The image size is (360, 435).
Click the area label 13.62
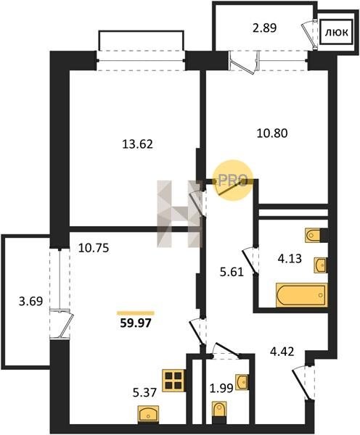137,144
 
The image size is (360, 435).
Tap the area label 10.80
272,133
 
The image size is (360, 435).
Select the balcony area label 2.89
264,28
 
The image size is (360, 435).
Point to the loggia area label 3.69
30,301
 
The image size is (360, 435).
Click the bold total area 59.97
136,323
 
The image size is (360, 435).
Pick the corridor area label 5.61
232,272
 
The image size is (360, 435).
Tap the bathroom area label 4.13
290,259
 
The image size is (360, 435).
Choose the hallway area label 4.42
282,352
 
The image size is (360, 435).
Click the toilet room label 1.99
221,388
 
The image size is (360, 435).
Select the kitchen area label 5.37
144,392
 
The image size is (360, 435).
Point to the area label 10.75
94,248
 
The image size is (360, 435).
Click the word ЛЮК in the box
337,33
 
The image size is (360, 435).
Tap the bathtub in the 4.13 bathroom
302,295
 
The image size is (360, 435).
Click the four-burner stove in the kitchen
174,381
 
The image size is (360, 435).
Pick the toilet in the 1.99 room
219,413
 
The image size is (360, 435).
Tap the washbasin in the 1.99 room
242,382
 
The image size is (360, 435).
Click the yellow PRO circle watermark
233,181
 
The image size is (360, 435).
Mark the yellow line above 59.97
136,313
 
